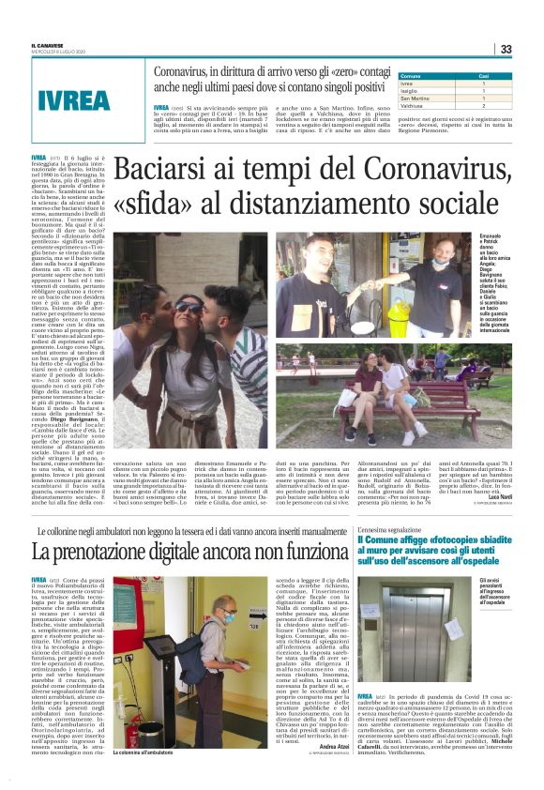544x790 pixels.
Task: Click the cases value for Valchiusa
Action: (x=484, y=105)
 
